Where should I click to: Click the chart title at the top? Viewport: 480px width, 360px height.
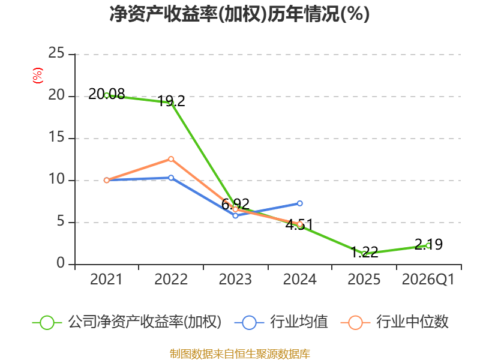[x=239, y=14]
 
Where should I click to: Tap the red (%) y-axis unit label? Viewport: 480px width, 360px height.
[x=38, y=76]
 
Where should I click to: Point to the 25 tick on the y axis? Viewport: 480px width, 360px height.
[x=56, y=53]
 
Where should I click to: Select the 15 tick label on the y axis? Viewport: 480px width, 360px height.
[x=56, y=137]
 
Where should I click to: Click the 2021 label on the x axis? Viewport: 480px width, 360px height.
[x=106, y=279]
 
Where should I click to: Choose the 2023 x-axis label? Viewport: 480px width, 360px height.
[x=235, y=279]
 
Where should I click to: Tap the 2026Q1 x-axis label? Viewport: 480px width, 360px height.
[x=428, y=279]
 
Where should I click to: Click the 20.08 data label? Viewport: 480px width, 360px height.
[x=107, y=94]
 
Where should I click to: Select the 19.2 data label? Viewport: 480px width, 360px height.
[x=172, y=101]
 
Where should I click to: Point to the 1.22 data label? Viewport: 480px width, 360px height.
[x=364, y=252]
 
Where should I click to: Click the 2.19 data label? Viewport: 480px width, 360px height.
[x=428, y=244]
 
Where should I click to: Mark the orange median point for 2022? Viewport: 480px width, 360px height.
[x=171, y=159]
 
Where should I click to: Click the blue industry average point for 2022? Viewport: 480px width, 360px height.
[x=171, y=178]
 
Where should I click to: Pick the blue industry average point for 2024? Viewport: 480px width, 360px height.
[x=299, y=203]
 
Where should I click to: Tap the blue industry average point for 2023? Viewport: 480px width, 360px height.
[x=235, y=215]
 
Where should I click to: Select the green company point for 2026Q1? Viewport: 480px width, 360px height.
[x=428, y=245]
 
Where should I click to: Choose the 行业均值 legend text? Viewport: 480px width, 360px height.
[x=299, y=322]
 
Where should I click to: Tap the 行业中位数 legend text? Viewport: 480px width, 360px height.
[x=412, y=322]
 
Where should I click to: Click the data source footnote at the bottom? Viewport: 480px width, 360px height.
[x=240, y=353]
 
